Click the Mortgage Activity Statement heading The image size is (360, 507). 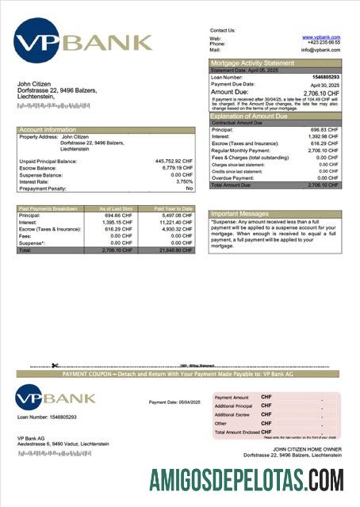[x=251, y=63]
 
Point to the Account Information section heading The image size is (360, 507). [x=48, y=129]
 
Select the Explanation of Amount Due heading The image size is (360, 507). [x=253, y=116]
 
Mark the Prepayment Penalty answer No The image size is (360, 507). [x=189, y=189]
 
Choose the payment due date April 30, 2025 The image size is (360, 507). [x=324, y=84]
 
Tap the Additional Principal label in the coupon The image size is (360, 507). [x=233, y=406]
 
